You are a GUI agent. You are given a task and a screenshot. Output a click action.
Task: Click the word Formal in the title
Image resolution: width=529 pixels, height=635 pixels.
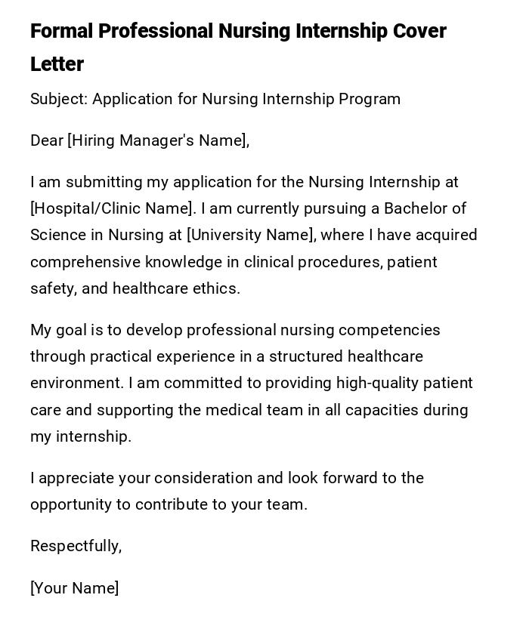pyautogui.click(x=61, y=31)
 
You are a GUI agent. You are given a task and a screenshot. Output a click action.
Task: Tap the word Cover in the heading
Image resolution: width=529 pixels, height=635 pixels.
pyautogui.click(x=419, y=31)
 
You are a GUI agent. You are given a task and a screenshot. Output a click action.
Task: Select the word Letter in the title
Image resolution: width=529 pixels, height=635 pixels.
pyautogui.click(x=57, y=64)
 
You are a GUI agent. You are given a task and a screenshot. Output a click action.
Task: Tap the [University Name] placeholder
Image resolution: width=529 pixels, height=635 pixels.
pyautogui.click(x=251, y=235)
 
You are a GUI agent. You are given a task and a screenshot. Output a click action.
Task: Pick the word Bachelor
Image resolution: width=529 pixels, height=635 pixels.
pyautogui.click(x=415, y=208)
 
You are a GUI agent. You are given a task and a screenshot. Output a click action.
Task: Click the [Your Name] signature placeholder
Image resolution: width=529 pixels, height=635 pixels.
pyautogui.click(x=74, y=588)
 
